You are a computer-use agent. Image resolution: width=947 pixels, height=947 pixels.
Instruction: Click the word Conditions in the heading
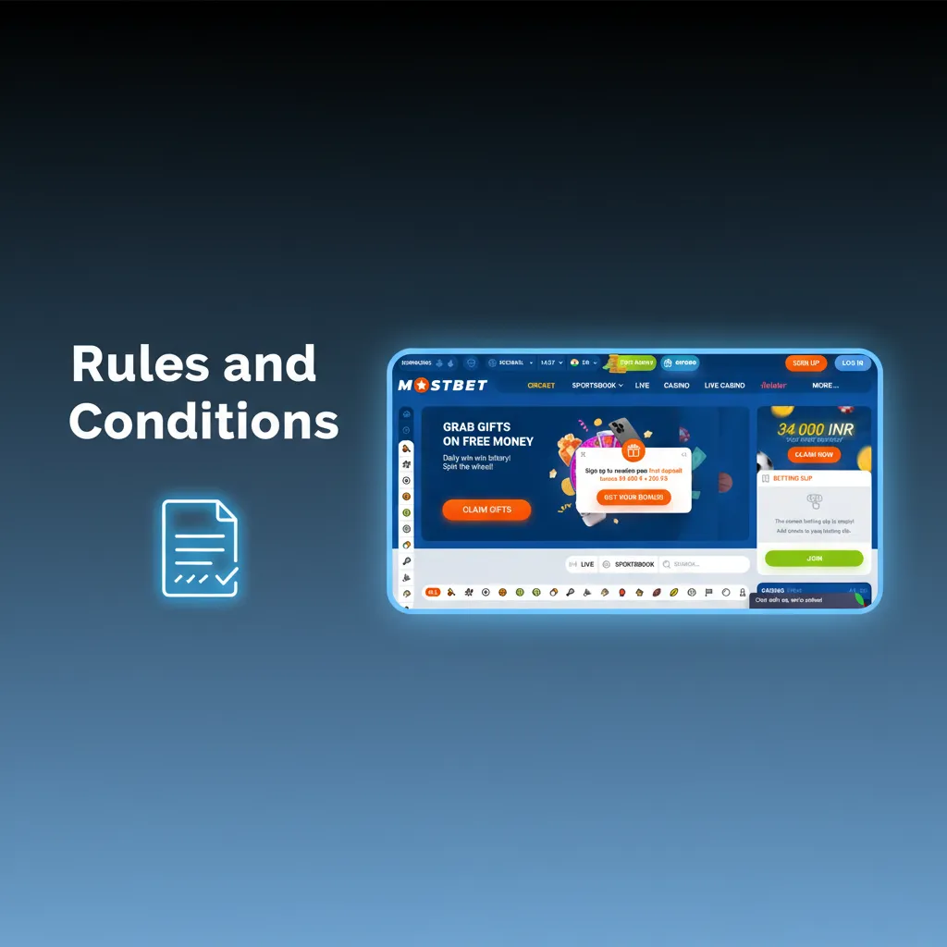point(203,421)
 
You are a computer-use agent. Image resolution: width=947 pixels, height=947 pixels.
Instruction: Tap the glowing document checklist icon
point(200,548)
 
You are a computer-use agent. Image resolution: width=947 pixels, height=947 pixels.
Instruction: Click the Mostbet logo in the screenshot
point(442,385)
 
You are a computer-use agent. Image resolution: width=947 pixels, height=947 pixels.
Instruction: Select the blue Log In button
point(852,363)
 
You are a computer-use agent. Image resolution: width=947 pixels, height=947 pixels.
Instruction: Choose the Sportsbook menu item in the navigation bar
point(596,385)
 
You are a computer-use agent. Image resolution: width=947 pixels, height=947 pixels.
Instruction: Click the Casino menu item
point(676,385)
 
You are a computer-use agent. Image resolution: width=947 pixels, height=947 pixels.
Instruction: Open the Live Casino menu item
point(724,385)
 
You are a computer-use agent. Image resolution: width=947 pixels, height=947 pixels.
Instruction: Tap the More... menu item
point(825,385)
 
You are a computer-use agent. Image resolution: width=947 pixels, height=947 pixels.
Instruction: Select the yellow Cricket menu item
point(541,385)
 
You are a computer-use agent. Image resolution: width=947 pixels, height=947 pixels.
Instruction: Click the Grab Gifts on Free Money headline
point(487,434)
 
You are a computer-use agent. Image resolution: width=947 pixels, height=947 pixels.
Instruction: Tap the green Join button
point(814,559)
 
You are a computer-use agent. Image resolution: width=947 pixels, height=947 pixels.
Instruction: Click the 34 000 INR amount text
point(815,430)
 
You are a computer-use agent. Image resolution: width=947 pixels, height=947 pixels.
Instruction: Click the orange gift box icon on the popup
point(633,451)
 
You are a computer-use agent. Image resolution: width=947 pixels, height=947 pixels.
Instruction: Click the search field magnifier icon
point(666,564)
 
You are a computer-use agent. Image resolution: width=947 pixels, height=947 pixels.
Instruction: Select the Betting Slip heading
point(793,478)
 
